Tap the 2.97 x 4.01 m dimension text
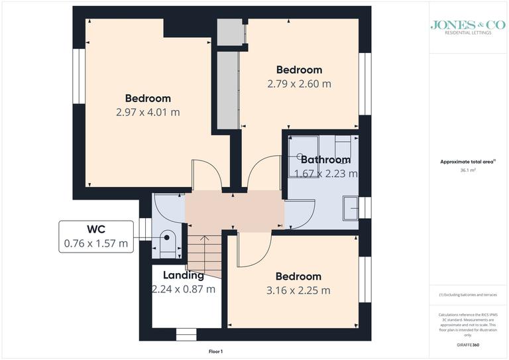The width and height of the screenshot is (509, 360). pos(147,112)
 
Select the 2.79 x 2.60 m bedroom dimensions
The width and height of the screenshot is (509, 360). pos(299,84)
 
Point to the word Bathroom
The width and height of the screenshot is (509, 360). pos(325,160)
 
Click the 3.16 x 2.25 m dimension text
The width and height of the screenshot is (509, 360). pos(298,290)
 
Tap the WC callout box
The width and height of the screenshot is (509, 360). pos(95,236)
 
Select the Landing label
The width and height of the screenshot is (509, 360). pos(184,276)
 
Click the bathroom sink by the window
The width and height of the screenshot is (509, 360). pos(350,207)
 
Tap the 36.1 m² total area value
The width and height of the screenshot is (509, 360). pos(468,170)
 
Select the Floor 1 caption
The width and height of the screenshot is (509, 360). pos(217,351)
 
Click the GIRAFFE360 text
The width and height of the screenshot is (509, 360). pos(468,346)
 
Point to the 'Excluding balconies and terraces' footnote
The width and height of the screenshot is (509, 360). pos(468,294)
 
